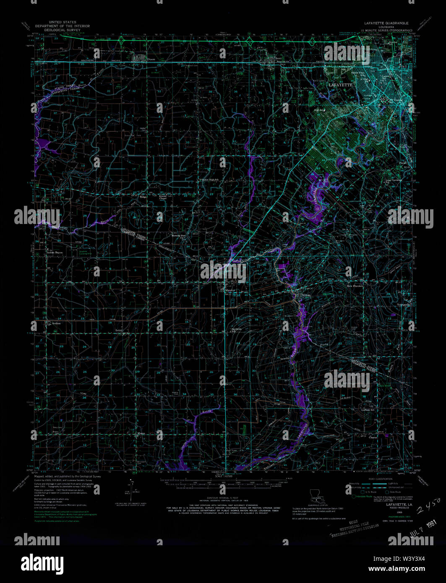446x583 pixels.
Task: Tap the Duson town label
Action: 151,59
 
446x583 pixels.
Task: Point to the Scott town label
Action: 279,59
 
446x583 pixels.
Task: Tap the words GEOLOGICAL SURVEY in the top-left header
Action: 63,31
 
